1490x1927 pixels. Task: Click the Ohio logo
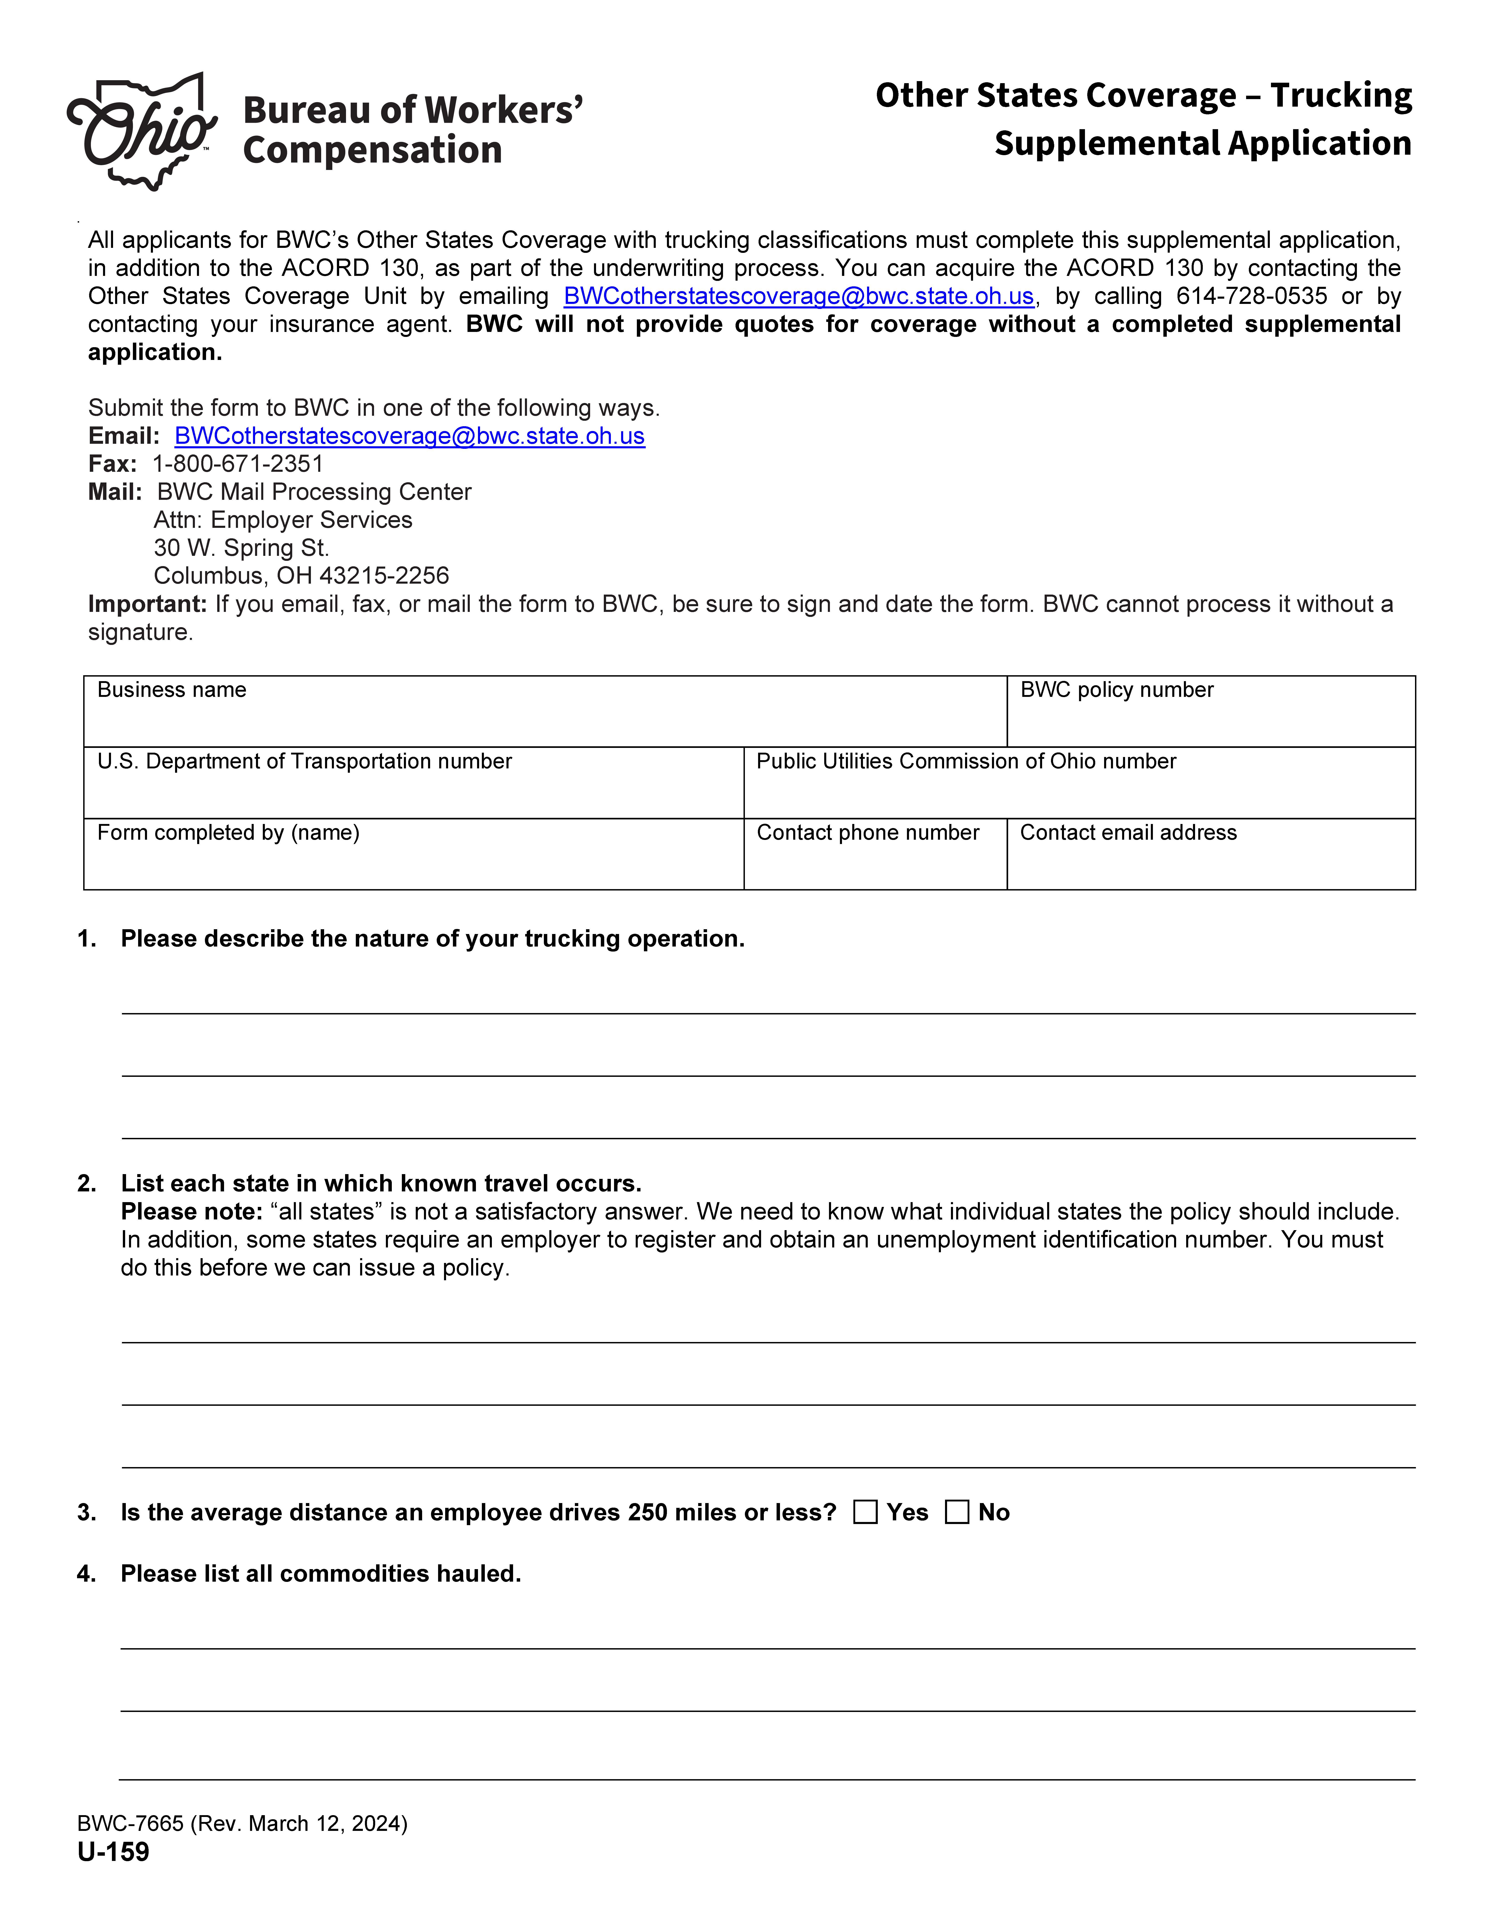point(141,131)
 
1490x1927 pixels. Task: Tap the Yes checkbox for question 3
point(865,1512)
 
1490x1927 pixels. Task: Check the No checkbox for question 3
point(957,1512)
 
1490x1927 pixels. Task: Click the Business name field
point(545,719)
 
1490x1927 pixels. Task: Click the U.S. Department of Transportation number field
point(413,790)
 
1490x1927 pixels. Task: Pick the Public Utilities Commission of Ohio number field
point(1079,790)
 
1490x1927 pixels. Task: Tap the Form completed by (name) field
point(413,862)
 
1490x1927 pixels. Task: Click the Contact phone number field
point(875,862)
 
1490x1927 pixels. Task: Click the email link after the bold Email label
point(410,436)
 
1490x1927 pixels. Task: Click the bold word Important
point(147,604)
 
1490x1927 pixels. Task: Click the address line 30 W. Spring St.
point(241,548)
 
